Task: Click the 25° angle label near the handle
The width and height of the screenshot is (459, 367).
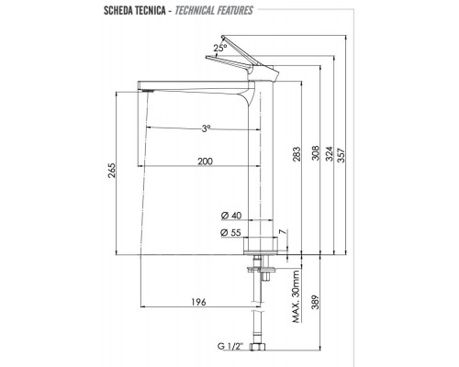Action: (x=219, y=46)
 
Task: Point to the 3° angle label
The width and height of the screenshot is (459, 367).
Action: (x=207, y=129)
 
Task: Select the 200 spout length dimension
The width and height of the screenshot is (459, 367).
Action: (x=206, y=161)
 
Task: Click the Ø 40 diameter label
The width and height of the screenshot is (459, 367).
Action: (x=231, y=216)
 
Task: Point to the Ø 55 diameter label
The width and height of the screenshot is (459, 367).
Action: (x=231, y=233)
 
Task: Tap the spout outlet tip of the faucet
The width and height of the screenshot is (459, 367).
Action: (x=144, y=90)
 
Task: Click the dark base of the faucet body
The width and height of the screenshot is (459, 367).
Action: (x=260, y=245)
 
